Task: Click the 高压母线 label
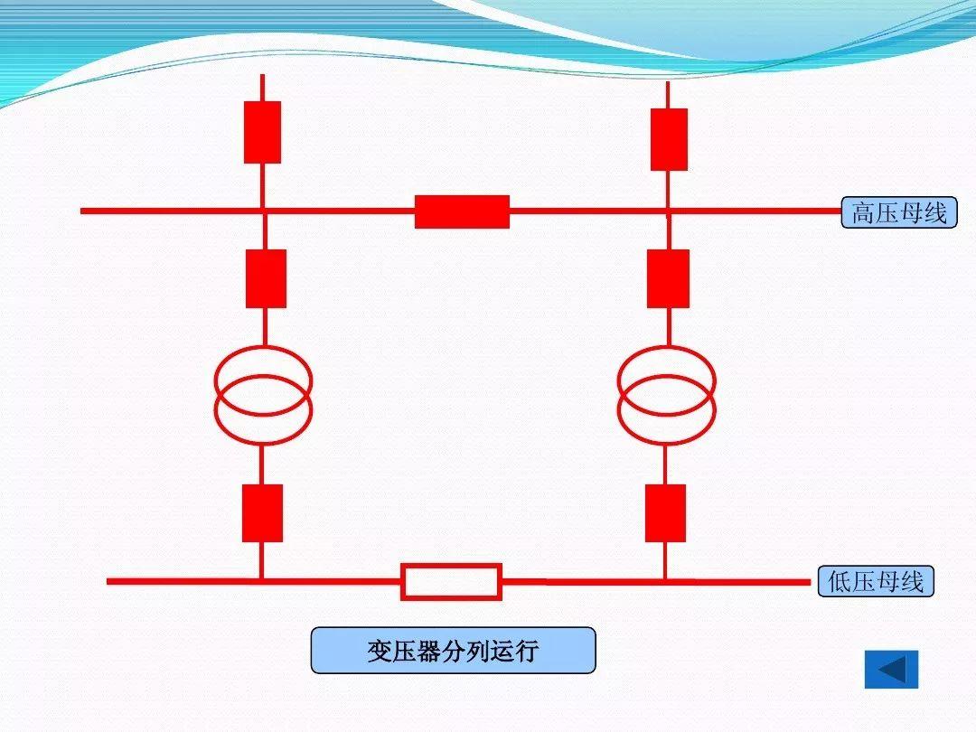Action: (898, 212)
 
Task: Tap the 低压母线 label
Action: (875, 581)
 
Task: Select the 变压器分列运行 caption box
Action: (453, 651)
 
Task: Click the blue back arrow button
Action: (891, 670)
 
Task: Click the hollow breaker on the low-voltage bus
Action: (451, 582)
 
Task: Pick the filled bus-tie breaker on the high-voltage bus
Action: (462, 211)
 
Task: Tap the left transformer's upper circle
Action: (263, 374)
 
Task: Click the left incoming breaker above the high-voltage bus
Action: (262, 132)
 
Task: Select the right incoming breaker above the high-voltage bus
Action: (669, 139)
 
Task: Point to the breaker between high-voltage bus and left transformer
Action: (266, 278)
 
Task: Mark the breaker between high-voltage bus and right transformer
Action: (668, 278)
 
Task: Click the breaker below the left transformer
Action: (262, 512)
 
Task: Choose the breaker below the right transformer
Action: (665, 512)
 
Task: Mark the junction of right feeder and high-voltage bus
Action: (668, 211)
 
